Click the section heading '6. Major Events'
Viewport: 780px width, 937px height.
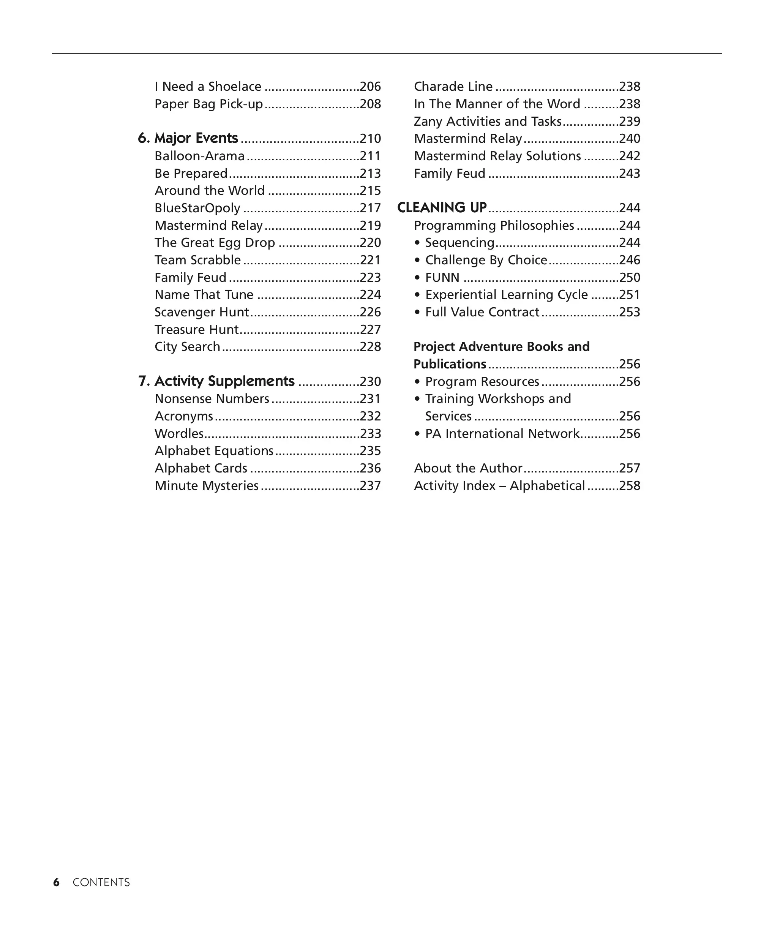[x=188, y=138]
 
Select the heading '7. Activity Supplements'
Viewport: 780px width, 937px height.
[x=216, y=381]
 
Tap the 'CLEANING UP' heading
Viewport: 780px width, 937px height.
[x=442, y=208]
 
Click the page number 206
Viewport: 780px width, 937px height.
[x=370, y=87]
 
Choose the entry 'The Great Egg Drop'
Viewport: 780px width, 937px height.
[x=215, y=243]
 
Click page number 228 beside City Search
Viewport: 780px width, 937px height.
[x=370, y=347]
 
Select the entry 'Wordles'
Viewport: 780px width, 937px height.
[x=179, y=434]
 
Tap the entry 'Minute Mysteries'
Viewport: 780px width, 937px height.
[x=207, y=485]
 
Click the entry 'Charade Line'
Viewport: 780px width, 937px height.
[x=453, y=87]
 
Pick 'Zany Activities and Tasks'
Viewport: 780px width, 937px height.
[x=487, y=122]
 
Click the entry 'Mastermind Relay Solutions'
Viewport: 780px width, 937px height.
[x=497, y=156]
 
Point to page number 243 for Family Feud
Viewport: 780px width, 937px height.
[x=630, y=174]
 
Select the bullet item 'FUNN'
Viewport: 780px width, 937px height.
[x=442, y=278]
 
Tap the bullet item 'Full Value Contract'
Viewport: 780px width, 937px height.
[x=482, y=312]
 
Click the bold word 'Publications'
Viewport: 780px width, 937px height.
[x=450, y=364]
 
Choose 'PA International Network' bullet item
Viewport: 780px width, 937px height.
[x=502, y=434]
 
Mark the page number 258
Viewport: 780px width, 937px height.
[x=630, y=485]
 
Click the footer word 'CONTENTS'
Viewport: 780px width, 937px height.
[x=101, y=883]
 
